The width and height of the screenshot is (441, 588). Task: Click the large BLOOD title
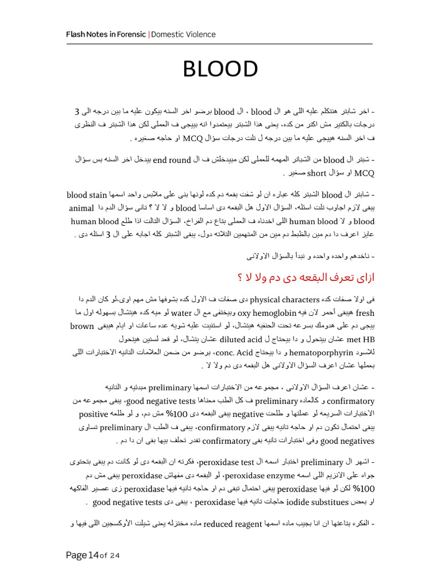click(x=220, y=69)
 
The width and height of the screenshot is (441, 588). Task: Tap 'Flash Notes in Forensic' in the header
click(x=106, y=34)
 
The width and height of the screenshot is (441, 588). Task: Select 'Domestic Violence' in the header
click(x=183, y=34)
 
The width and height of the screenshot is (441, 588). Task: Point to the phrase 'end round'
click(x=172, y=160)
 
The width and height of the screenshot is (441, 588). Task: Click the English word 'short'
click(x=316, y=172)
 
